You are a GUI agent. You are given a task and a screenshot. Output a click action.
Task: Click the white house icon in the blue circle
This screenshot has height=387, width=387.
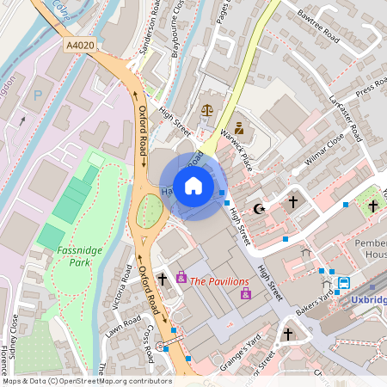[x=193, y=186]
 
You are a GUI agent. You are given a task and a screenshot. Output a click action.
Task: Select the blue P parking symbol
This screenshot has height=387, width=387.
[x=37, y=95]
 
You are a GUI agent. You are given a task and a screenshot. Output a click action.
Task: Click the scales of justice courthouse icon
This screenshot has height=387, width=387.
[x=206, y=111]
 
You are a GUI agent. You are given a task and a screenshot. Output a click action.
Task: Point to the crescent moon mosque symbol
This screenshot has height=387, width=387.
[x=258, y=208]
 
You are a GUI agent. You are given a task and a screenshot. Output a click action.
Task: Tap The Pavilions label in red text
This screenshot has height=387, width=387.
[x=219, y=281]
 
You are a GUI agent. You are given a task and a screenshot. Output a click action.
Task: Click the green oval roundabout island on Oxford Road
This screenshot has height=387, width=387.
[x=150, y=210]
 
